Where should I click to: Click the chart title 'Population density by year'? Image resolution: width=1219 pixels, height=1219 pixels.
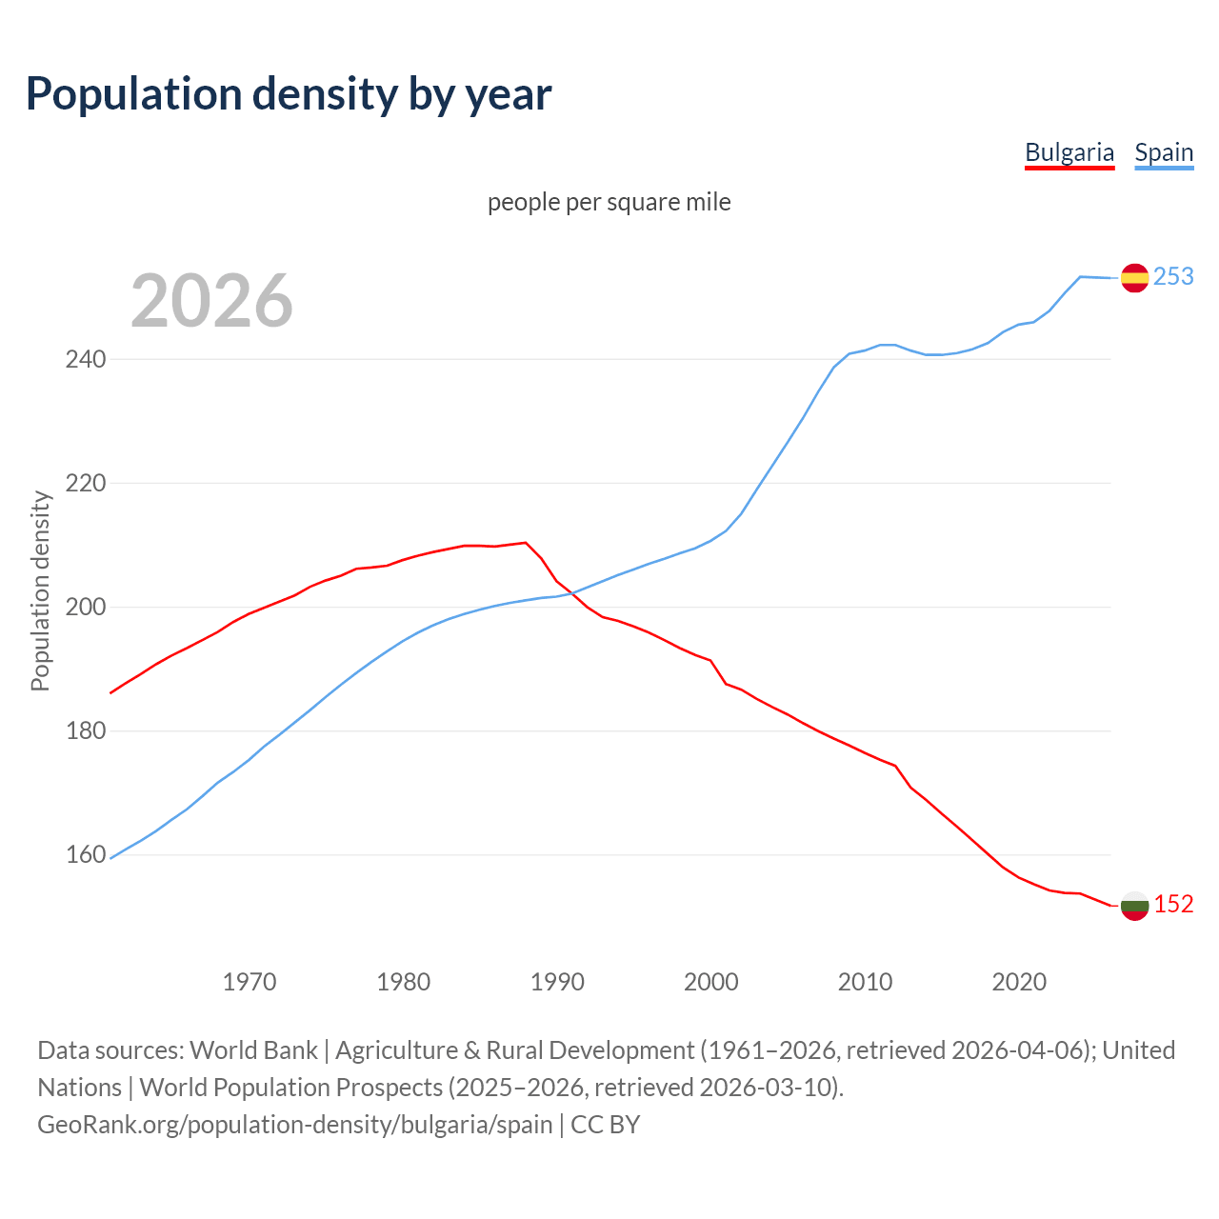click(289, 93)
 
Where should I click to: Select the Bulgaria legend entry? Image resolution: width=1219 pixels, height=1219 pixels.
click(1069, 152)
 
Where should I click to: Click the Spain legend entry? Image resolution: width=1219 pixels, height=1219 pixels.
click(1164, 152)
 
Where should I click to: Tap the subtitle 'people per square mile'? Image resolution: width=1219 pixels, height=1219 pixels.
click(609, 202)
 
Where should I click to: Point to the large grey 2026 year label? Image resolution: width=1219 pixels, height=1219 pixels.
click(211, 301)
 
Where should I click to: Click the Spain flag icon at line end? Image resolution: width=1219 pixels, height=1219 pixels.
click(1134, 277)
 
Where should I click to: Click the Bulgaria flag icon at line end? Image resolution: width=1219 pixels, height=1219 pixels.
click(1134, 905)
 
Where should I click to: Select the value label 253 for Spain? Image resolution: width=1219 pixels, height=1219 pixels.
click(1173, 276)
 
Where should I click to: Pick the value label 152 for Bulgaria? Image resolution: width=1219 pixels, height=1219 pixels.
click(1173, 904)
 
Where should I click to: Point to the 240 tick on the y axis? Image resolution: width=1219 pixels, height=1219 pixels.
click(86, 360)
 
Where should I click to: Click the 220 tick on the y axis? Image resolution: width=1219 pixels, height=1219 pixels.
click(86, 484)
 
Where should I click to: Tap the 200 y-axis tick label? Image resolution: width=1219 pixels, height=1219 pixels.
click(86, 608)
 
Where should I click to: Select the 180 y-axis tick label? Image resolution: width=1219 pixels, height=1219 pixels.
click(86, 731)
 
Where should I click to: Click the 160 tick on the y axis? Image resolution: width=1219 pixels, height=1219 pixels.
click(86, 855)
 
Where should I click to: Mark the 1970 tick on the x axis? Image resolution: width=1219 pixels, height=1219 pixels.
click(250, 981)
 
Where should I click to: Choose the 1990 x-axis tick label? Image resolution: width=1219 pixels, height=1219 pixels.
click(557, 981)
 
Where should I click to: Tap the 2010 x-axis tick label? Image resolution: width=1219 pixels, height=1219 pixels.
click(865, 981)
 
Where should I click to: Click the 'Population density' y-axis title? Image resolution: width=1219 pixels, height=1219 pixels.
click(40, 590)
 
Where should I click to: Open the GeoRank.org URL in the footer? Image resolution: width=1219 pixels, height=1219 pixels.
click(295, 1124)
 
